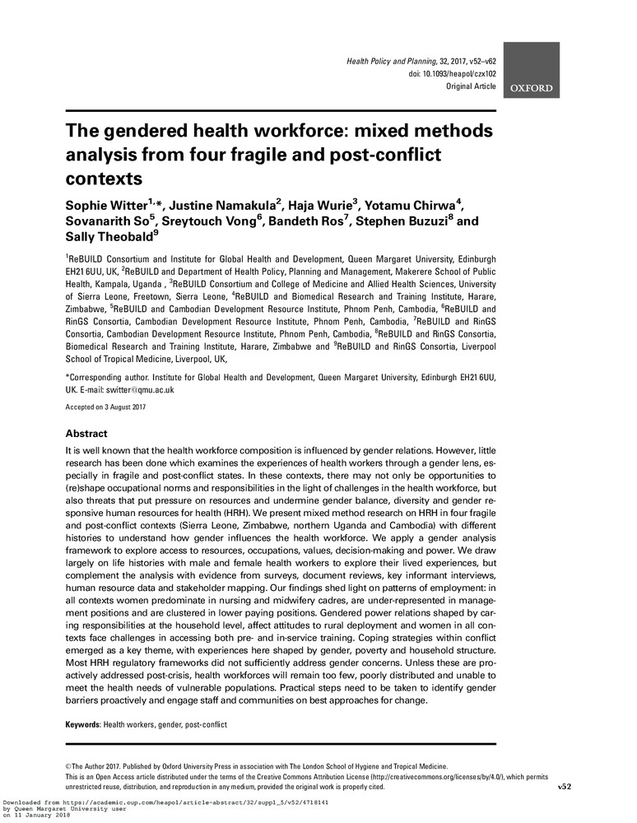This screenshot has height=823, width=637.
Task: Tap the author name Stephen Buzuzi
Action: [398, 222]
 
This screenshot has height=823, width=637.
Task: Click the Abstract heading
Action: [86, 434]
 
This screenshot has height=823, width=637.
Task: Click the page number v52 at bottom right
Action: [564, 787]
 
